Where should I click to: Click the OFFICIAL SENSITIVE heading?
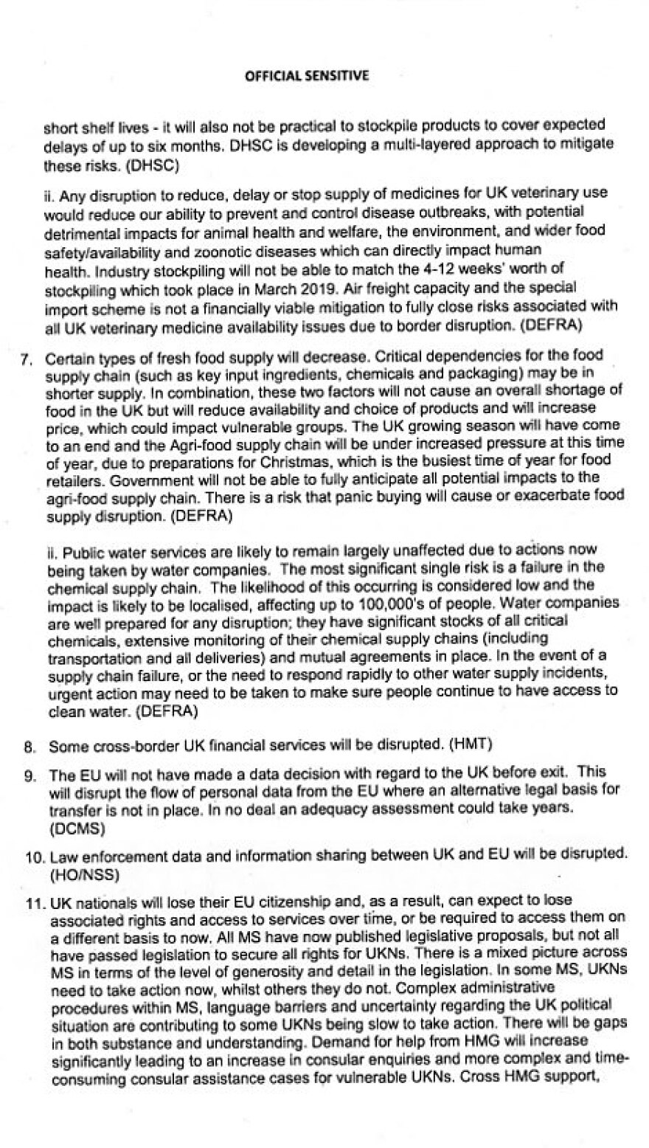306,76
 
